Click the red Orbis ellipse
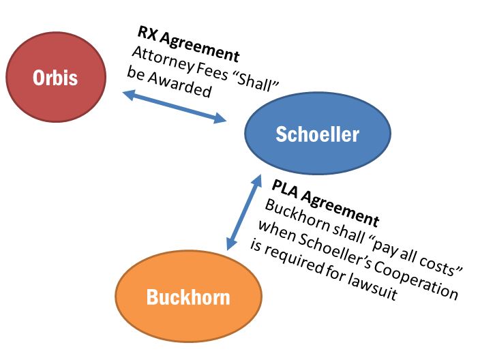pos(55,77)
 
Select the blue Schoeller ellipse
pos(317,134)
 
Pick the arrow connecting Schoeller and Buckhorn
pos(244,211)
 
